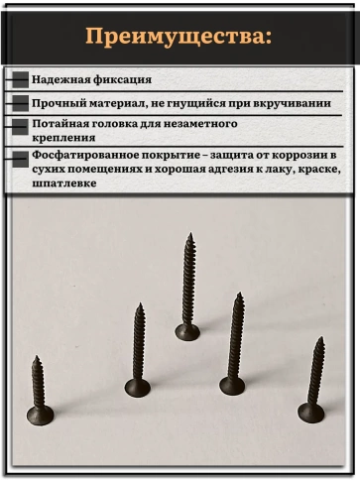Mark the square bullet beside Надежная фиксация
[20, 80]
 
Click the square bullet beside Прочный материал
[20, 103]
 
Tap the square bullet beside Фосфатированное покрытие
[20, 159]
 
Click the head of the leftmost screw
[40, 414]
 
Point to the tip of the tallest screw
[189, 236]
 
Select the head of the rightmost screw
[311, 411]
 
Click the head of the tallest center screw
[187, 331]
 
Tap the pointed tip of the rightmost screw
[319, 339]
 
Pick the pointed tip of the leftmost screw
[35, 358]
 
